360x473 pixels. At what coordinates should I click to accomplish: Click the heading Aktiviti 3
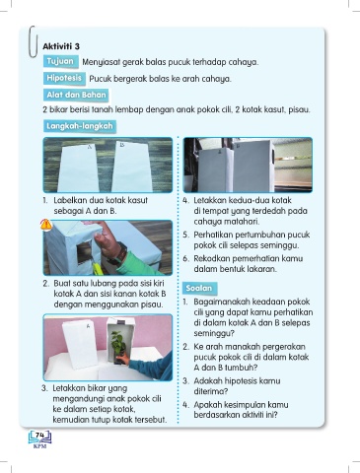pyautogui.click(x=61, y=46)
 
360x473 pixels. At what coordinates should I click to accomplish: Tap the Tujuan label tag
pyautogui.click(x=60, y=61)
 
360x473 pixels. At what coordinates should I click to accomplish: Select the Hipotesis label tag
pyautogui.click(x=64, y=79)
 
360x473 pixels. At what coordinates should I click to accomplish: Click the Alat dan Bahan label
pyautogui.click(x=76, y=95)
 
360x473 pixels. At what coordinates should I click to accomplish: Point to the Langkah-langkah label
pyautogui.click(x=80, y=126)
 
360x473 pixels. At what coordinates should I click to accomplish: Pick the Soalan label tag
pyautogui.click(x=199, y=289)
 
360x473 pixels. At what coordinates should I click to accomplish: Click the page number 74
pyautogui.click(x=40, y=435)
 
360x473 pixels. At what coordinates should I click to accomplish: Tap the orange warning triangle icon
pyautogui.click(x=46, y=225)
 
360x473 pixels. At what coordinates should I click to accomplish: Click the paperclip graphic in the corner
pyautogui.click(x=33, y=41)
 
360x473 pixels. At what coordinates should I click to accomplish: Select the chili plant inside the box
pyautogui.click(x=118, y=345)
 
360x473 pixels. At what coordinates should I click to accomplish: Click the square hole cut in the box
pyautogui.click(x=84, y=253)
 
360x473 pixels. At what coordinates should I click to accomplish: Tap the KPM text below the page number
pyautogui.click(x=39, y=446)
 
